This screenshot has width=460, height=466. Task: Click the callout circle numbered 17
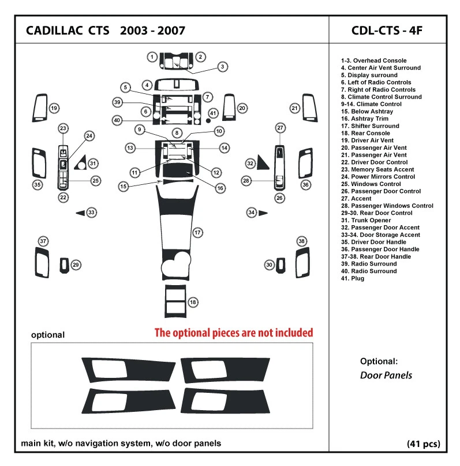tap(197, 233)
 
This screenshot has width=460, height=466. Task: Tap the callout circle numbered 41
tap(213, 113)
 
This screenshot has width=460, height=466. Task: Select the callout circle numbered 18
tap(193, 302)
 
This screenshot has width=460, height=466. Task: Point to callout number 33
tap(91, 213)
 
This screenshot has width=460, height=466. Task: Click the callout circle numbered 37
tap(43, 240)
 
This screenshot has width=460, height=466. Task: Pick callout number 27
tap(281, 127)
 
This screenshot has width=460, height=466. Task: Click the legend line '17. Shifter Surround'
tap(369, 126)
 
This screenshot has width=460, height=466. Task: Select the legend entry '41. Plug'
tap(352, 278)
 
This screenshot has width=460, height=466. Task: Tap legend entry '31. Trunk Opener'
tap(365, 220)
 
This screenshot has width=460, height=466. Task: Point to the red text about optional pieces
tap(234, 333)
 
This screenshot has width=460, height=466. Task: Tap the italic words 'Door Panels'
tap(386, 375)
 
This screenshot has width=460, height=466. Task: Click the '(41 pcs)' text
tap(422, 444)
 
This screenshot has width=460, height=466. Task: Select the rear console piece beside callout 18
tap(174, 301)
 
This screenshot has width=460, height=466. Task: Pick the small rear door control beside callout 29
tap(64, 264)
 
